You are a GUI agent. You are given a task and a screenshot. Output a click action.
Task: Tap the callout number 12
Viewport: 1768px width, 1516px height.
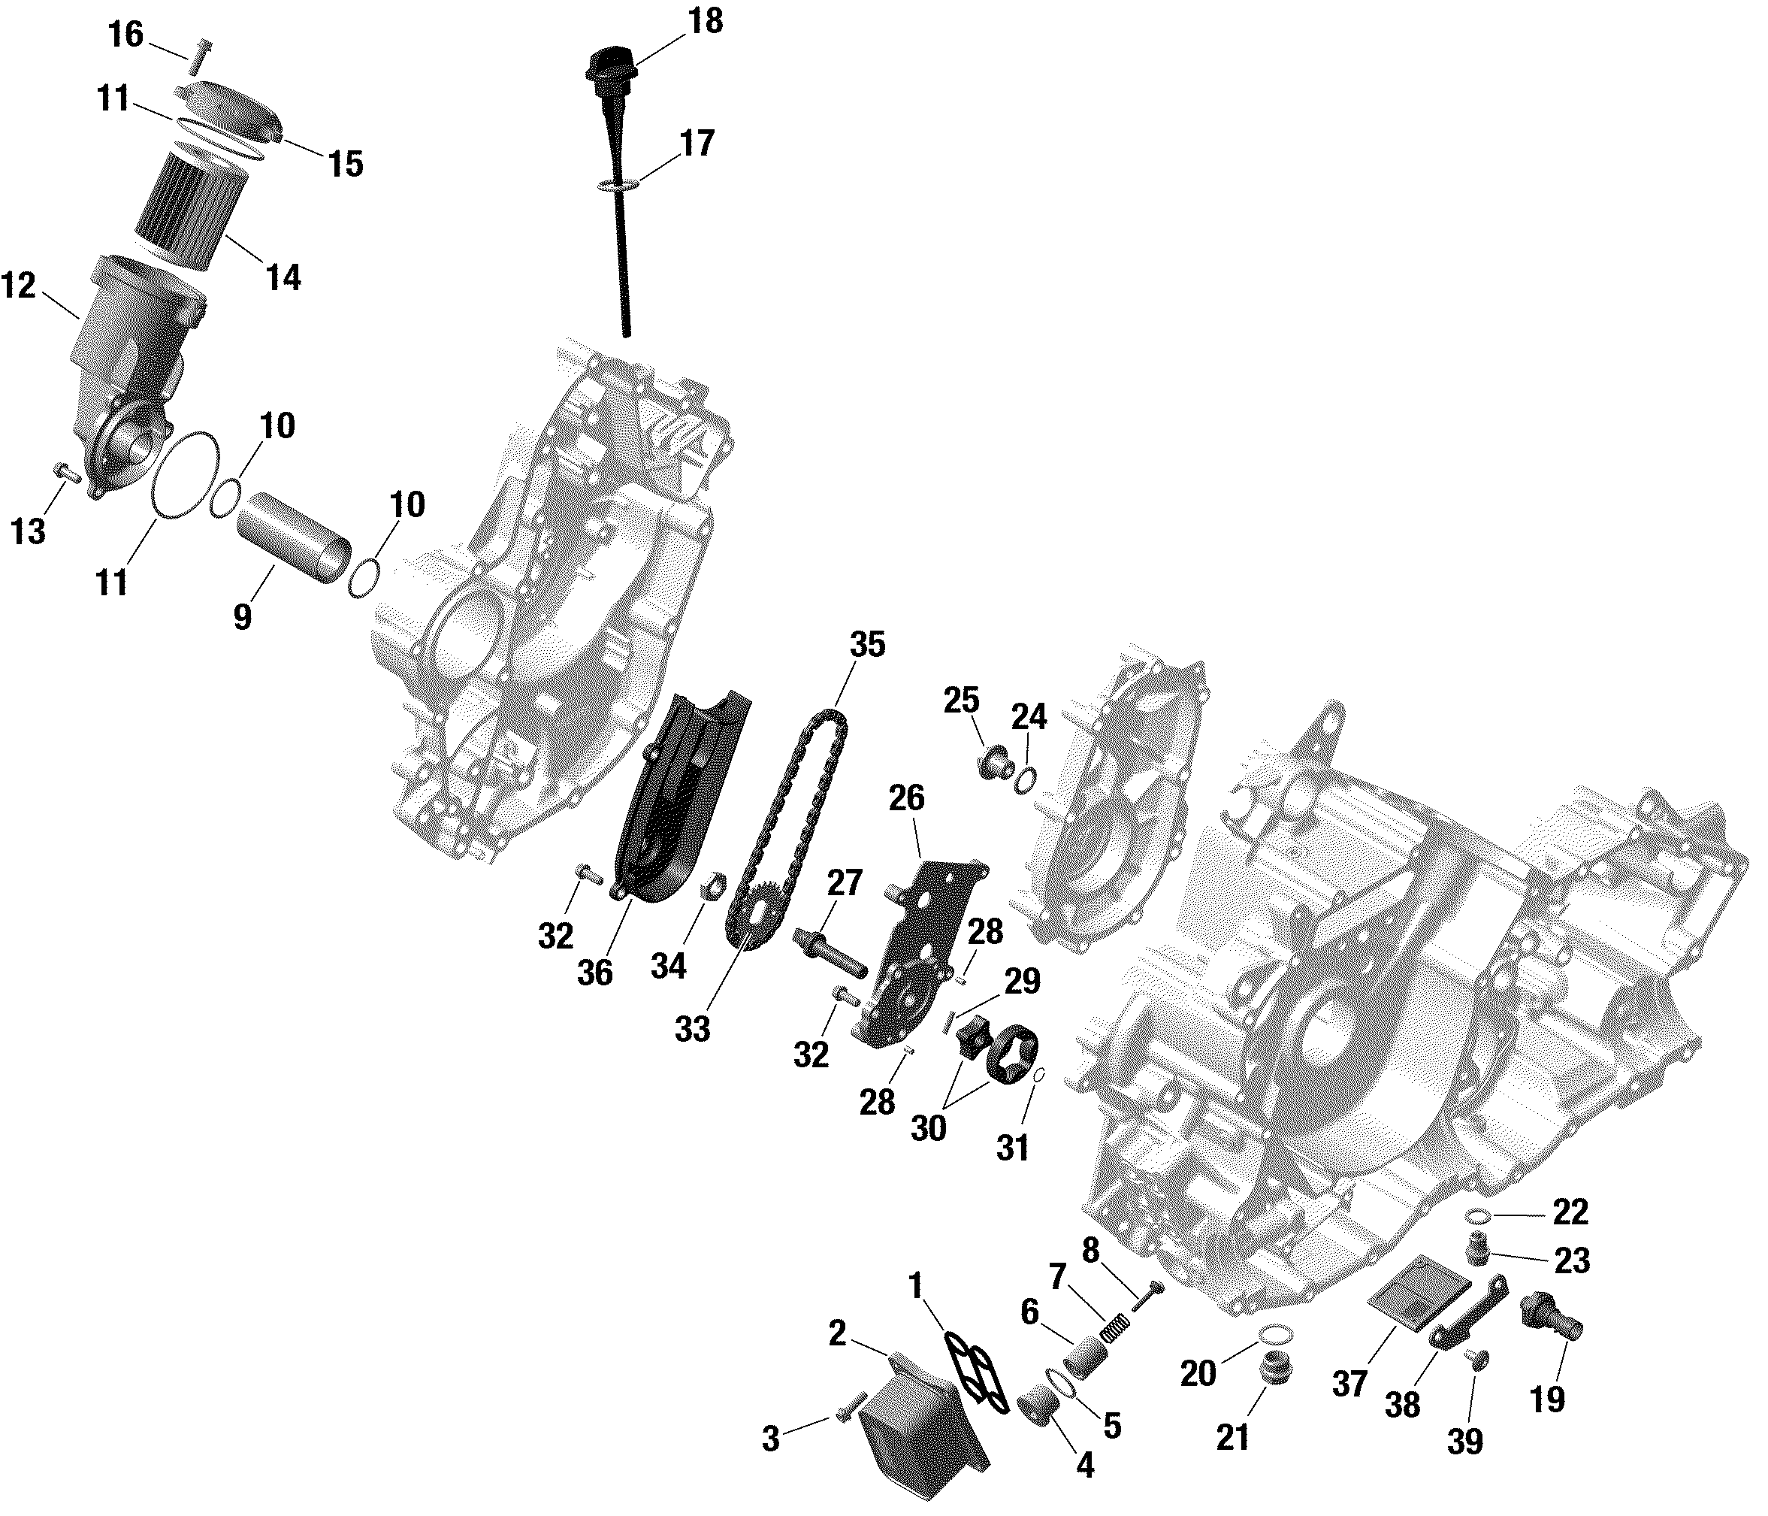(19, 286)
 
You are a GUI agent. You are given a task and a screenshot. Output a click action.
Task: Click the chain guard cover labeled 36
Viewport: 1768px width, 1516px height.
(682, 811)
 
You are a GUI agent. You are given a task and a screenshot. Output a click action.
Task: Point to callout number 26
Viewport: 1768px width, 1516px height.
(906, 799)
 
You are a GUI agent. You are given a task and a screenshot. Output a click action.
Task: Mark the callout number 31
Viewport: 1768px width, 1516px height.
(1013, 1148)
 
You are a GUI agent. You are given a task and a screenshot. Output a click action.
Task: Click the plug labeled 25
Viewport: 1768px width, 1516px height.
(993, 758)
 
